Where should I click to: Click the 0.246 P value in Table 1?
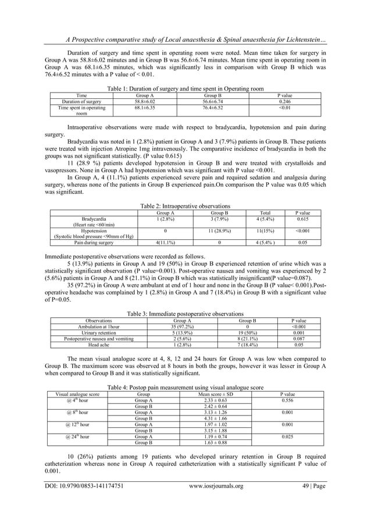point(286,101)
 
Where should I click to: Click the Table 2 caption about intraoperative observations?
point(185,205)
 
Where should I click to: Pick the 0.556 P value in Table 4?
point(287,400)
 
